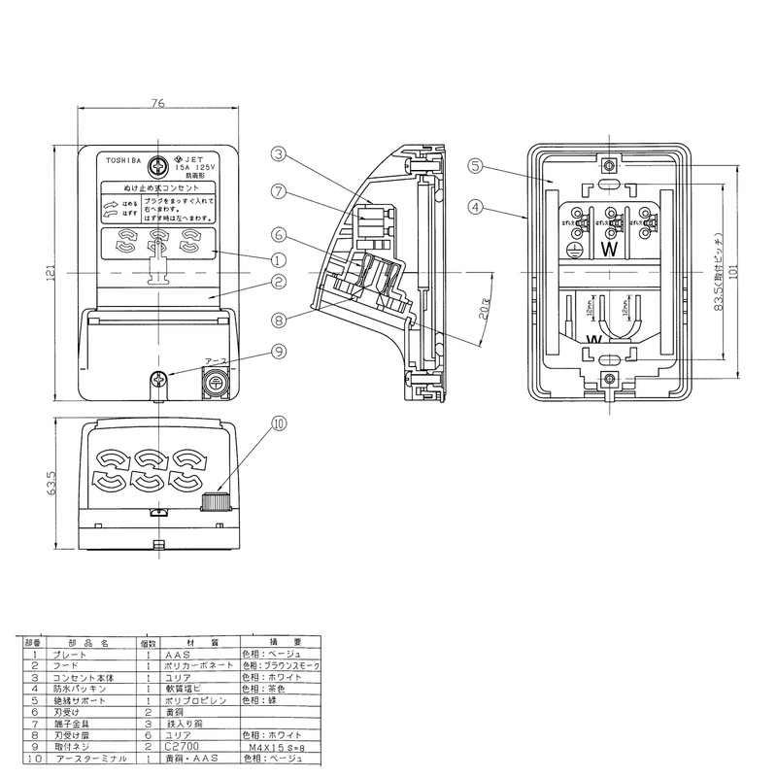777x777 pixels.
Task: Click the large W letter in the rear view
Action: [609, 250]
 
